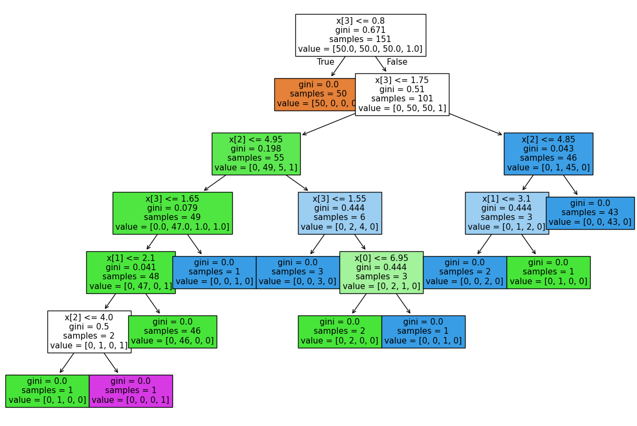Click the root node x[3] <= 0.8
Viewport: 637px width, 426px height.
click(360, 35)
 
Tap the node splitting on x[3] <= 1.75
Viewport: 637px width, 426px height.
click(402, 94)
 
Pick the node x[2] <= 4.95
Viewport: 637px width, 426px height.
click(256, 154)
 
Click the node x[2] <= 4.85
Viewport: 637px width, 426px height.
click(548, 154)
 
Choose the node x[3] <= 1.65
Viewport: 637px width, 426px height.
click(172, 213)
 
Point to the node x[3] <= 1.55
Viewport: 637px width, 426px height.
click(340, 213)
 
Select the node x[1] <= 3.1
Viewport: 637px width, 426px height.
click(507, 213)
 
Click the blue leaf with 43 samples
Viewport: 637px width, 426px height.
click(590, 213)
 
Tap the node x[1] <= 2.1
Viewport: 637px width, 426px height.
click(130, 272)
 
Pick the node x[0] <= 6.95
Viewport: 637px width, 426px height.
click(381, 272)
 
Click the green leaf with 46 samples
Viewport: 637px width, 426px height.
click(172, 332)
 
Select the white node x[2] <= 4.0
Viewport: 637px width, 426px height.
click(89, 332)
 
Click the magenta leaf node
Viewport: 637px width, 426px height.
click(130, 391)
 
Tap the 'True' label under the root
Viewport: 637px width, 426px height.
click(326, 62)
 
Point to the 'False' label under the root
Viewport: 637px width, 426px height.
click(397, 62)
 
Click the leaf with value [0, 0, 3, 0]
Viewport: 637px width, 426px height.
click(297, 272)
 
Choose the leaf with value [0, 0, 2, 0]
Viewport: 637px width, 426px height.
click(465, 272)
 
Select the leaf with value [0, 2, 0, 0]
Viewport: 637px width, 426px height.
click(340, 332)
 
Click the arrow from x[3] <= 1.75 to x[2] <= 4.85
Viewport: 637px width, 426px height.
click(475, 124)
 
